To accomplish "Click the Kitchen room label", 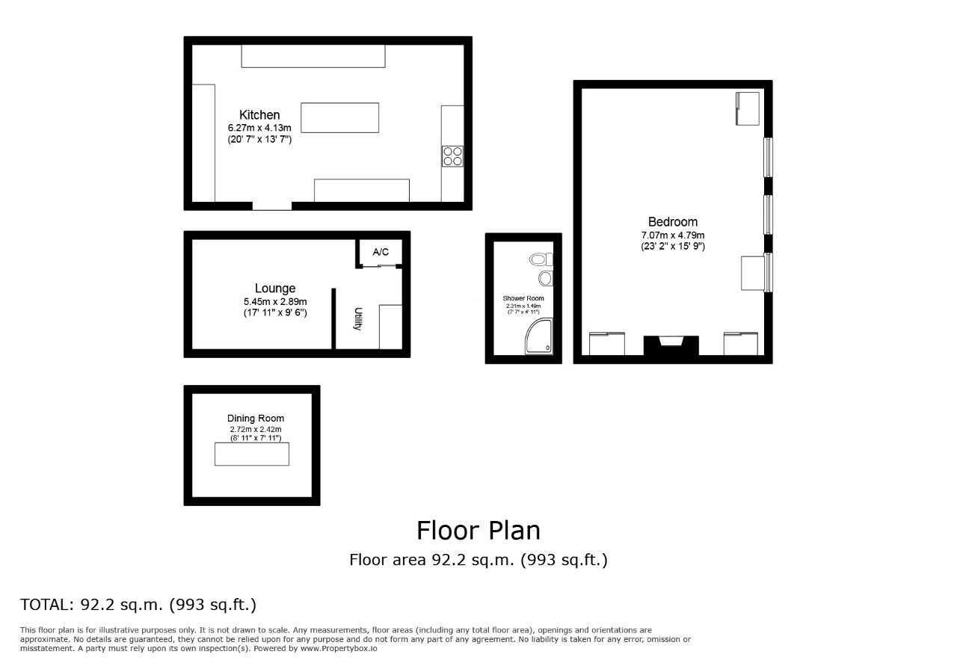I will click(259, 114).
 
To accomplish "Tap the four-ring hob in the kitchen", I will click(452, 155).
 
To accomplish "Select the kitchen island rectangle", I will click(339, 117).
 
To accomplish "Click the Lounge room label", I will click(274, 288).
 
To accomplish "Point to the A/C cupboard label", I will click(381, 252).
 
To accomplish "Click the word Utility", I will click(358, 319).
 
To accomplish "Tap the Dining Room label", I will click(256, 419).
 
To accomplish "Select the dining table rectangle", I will click(251, 454).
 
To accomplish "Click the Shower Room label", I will click(523, 298).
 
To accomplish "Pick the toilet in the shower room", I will click(541, 259).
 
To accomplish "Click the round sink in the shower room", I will click(546, 278).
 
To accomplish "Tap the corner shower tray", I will click(540, 339).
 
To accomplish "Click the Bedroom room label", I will click(672, 221).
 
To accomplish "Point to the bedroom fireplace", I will click(671, 345).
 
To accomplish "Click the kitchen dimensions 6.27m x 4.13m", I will click(259, 129).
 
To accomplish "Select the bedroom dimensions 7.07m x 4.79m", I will click(672, 235).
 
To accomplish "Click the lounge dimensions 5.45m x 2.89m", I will click(274, 302).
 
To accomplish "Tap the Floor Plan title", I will click(478, 530).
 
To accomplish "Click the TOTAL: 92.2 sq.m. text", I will click(138, 604).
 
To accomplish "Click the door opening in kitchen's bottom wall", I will click(271, 206).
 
